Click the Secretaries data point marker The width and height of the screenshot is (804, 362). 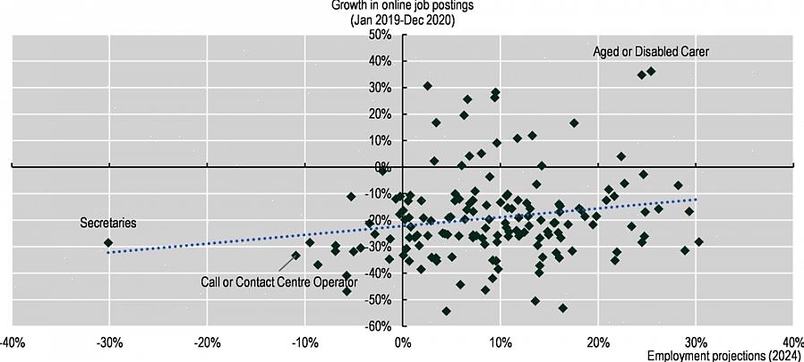[108, 242]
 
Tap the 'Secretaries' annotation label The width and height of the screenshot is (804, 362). [108, 223]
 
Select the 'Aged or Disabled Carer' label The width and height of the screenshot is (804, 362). [651, 52]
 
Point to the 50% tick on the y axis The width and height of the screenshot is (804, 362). [381, 35]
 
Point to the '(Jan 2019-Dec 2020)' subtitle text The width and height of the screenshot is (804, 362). [402, 21]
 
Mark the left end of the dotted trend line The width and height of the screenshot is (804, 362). [108, 253]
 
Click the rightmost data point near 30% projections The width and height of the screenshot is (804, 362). [698, 241]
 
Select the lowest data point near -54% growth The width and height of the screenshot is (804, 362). [446, 311]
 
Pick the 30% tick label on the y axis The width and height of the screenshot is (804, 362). [381, 88]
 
